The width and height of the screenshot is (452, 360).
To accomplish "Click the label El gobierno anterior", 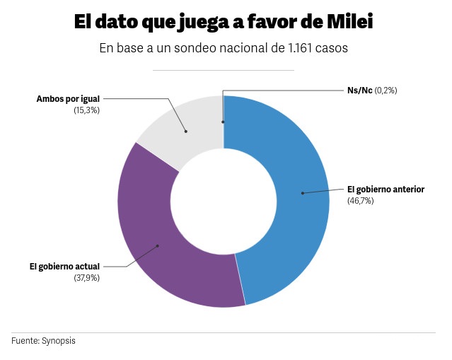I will tap(385, 190).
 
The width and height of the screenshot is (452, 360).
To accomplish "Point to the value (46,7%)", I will tap(360, 201).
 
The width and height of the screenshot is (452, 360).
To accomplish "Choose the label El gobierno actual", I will tap(64, 267).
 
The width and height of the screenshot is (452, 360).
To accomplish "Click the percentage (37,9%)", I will tap(86, 278).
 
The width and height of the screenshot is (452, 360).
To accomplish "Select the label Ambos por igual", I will tap(68, 99).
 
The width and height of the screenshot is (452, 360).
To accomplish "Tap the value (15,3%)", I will tap(86, 110).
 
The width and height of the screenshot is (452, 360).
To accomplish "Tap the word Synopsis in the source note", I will tap(58, 341).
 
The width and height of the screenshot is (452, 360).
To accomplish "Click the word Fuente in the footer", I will tap(25, 341).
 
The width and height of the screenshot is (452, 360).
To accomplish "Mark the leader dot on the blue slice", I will tap(302, 192).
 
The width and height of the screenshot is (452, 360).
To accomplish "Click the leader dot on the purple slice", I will tap(157, 246).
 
